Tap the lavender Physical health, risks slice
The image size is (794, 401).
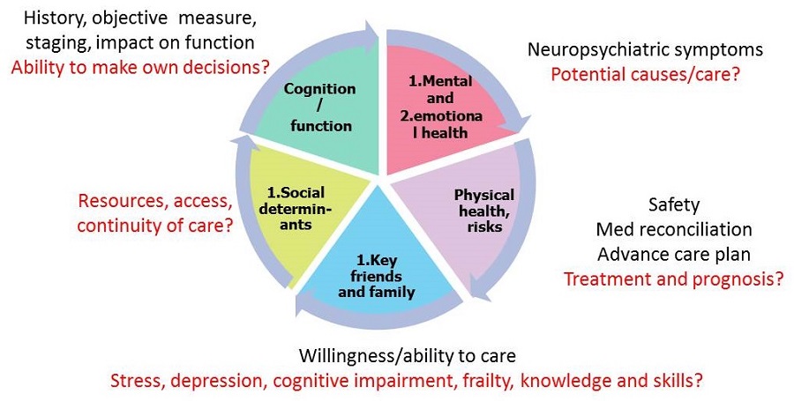[468, 212]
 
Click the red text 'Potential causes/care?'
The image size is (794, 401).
[645, 73]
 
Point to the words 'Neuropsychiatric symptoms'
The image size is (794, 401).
[645, 49]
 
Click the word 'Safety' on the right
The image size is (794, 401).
[673, 204]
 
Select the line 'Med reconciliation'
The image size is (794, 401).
[674, 230]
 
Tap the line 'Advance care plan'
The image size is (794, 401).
[674, 255]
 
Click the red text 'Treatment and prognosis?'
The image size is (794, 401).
[674, 279]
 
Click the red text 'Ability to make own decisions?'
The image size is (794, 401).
[141, 66]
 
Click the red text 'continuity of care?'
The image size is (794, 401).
[155, 225]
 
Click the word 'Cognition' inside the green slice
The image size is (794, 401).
[320, 89]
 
